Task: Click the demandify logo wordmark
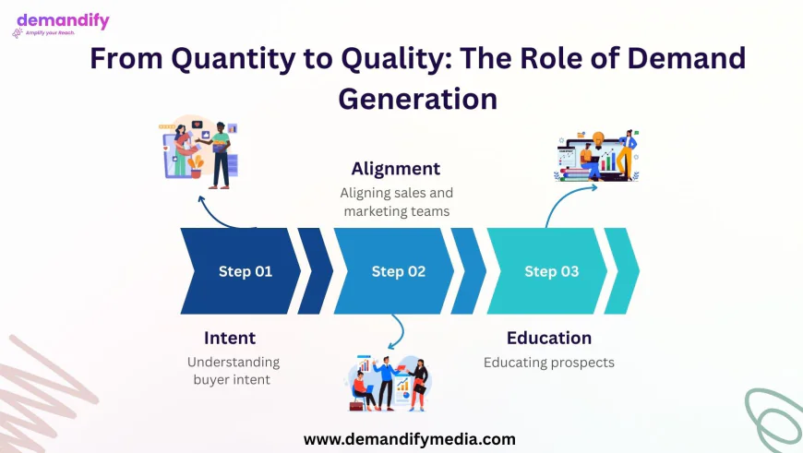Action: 63,21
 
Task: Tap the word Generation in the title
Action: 417,100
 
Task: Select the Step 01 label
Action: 246,271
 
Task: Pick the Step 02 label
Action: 399,271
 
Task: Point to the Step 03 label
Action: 552,271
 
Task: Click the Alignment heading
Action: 395,169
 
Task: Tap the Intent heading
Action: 230,338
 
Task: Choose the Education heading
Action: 549,338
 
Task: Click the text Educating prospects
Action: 549,363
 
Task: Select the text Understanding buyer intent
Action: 233,371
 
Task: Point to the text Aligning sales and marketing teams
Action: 396,202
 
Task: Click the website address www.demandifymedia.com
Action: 409,439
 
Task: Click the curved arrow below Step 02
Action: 400,332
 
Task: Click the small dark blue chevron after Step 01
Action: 316,270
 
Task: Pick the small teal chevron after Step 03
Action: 622,270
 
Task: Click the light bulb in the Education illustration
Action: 598,138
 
